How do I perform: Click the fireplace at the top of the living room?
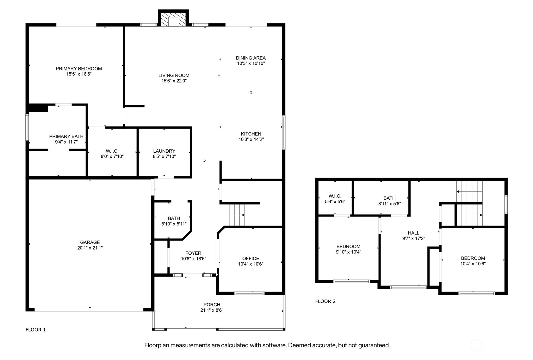click(173, 18)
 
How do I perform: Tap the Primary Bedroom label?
click(79, 69)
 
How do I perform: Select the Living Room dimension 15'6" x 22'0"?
click(174, 81)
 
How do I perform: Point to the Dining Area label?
click(251, 58)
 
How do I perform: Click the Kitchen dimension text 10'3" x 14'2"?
click(251, 139)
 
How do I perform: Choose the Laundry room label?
click(164, 151)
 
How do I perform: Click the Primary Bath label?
click(66, 137)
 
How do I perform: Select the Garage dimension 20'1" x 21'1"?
click(90, 248)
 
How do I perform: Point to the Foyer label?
click(194, 253)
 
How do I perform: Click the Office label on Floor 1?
click(251, 259)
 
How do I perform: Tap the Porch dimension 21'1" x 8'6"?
click(212, 310)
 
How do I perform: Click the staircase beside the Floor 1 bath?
click(234, 215)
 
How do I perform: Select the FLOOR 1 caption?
click(35, 330)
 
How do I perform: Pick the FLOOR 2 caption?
click(325, 301)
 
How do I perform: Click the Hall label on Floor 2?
click(413, 233)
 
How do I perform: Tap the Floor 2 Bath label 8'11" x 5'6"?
click(389, 201)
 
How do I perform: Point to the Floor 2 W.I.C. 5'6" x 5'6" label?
click(335, 199)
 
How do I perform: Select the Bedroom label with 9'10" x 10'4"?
click(348, 249)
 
